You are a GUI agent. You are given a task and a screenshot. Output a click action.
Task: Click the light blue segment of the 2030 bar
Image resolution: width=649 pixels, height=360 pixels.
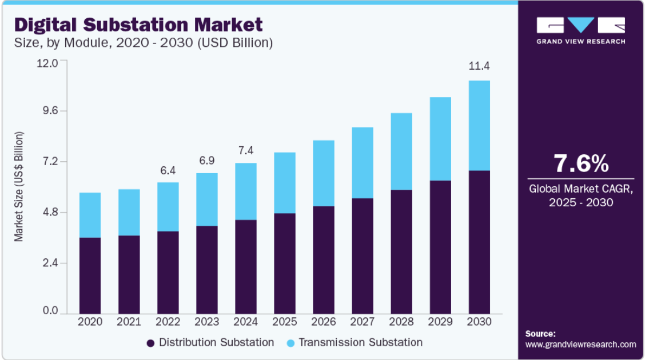point(479,125)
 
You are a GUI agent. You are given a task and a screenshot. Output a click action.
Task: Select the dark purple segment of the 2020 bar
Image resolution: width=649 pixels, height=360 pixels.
point(90,275)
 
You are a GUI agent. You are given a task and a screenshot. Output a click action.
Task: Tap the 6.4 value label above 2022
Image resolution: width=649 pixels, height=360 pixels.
point(168,170)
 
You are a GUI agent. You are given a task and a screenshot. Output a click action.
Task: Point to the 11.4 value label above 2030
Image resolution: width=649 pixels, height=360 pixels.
point(479,66)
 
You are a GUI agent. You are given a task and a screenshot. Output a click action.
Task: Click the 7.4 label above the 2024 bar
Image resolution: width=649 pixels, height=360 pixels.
point(245,151)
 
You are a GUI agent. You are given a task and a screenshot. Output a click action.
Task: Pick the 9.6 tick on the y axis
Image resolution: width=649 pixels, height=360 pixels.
point(47,111)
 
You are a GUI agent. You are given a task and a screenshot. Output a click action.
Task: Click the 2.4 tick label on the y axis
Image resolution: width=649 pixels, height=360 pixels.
point(50,263)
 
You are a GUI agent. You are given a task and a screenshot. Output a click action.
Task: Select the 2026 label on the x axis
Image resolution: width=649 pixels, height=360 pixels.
point(323,322)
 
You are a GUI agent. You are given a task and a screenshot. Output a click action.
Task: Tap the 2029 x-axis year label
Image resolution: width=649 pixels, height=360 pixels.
point(440,322)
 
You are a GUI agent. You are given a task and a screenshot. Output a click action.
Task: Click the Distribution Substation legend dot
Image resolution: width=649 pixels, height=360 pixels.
point(150,343)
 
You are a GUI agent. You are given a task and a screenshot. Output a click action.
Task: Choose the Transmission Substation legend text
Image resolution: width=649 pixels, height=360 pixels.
point(360,343)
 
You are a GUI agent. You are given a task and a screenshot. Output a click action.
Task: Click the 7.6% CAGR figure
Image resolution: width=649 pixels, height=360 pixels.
point(581,163)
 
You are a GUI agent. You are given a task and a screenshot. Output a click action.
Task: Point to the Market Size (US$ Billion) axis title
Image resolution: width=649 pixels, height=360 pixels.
point(19,187)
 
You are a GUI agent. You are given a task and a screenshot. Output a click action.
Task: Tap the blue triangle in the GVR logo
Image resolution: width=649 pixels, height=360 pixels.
point(581,25)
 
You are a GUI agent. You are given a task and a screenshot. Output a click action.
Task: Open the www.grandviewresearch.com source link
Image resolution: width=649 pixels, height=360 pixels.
point(581,344)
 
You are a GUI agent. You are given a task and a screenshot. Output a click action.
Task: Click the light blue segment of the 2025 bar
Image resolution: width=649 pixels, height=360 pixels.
point(284,183)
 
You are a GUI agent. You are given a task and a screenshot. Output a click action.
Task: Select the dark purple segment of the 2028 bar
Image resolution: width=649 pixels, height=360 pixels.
point(401,252)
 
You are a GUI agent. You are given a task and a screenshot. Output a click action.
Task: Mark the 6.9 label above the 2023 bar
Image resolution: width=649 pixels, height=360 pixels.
point(206,161)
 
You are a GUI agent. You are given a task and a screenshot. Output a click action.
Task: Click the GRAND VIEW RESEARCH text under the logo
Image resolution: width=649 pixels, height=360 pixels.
point(581,41)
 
